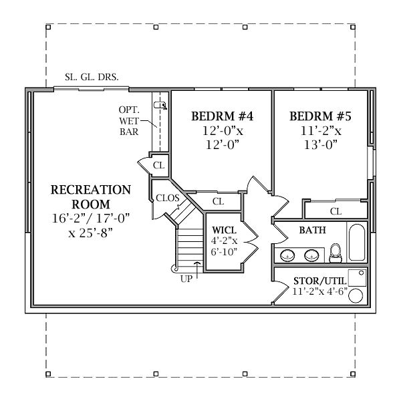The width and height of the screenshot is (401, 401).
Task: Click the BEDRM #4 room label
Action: [223, 116]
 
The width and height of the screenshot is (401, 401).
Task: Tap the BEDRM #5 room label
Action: [320, 116]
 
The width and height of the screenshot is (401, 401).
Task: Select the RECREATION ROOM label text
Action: [91, 197]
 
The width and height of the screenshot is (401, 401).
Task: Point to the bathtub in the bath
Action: [357, 243]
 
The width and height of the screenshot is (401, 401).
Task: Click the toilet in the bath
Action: [336, 253]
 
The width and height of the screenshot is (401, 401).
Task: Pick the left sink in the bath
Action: [287, 255]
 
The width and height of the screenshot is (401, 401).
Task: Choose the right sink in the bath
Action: [311, 255]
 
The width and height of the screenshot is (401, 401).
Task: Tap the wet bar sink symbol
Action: [160, 105]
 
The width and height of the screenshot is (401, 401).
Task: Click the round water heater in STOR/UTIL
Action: [356, 296]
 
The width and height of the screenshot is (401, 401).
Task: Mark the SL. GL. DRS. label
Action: [92, 77]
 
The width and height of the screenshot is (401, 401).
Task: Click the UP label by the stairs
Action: [186, 279]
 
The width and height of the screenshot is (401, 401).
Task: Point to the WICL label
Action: [224, 230]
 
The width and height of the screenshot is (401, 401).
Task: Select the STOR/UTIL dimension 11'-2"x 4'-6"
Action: [319, 291]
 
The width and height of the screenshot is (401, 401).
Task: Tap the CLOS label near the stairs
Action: [168, 198]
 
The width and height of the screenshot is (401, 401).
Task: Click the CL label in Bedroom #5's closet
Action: [336, 211]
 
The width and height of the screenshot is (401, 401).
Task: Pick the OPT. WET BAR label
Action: [129, 121]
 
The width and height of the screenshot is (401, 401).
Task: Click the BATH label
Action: [313, 230]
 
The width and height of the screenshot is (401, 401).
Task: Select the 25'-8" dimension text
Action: [90, 233]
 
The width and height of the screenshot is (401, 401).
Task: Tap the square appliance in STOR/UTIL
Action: [358, 278]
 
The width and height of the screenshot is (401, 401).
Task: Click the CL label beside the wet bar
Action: [159, 165]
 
